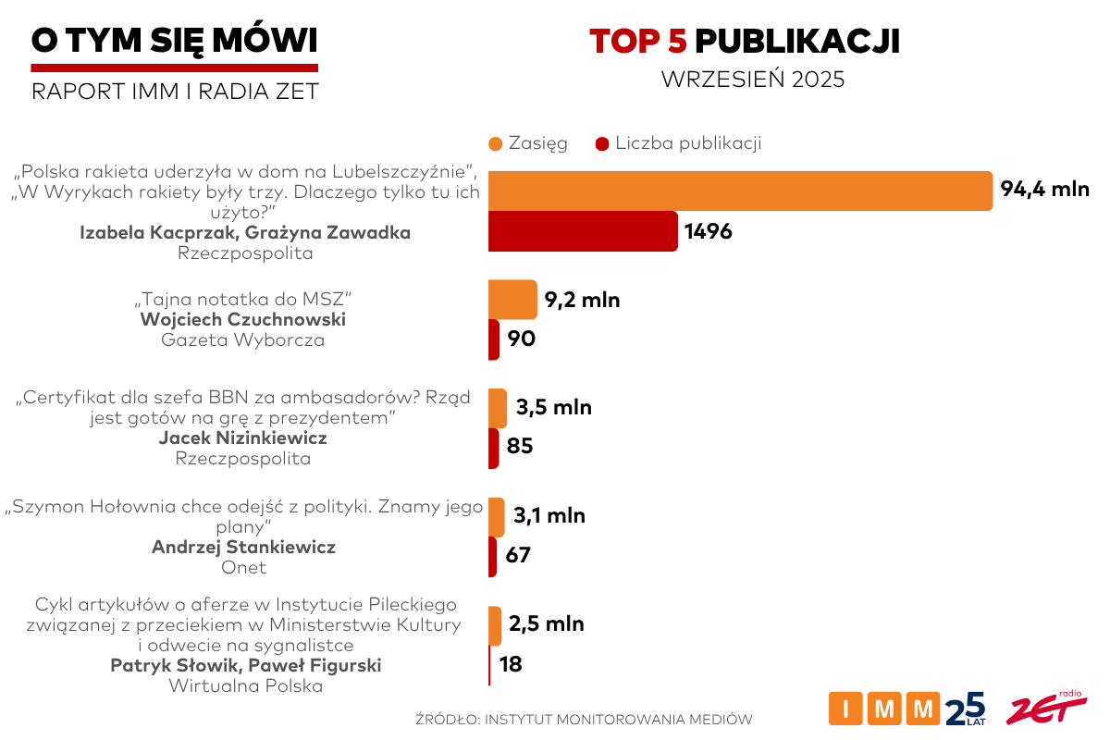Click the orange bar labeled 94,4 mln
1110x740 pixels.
pos(740,191)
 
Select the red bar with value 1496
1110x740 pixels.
pos(583,231)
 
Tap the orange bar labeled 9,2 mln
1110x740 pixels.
pos(512,300)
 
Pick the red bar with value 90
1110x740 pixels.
pos(494,339)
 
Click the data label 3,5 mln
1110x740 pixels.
pos(554,407)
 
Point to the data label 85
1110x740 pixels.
pos(521,447)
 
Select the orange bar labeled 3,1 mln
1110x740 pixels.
pos(497,516)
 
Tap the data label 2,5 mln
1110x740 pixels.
pos(547,624)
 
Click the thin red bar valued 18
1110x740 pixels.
pos(489,664)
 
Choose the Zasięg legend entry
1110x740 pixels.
pos(528,143)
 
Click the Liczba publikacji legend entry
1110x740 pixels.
pos(678,143)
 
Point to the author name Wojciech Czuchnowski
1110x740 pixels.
pos(243,320)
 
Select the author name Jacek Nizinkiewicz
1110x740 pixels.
pos(243,438)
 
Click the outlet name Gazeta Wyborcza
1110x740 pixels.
pos(243,340)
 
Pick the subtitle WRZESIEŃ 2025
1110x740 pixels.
pos(753,80)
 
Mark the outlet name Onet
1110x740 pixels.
pos(243,568)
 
